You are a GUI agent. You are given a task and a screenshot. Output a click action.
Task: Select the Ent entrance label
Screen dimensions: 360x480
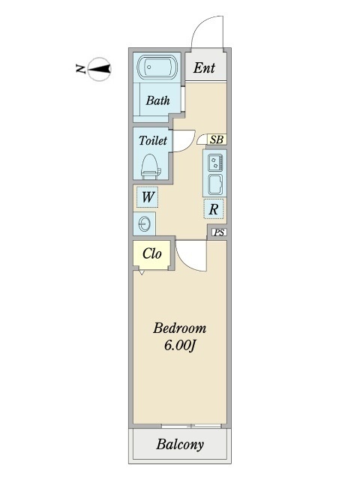pyautogui.click(x=204, y=67)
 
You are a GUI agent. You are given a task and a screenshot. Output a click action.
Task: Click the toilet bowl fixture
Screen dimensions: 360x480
pyautogui.click(x=151, y=166)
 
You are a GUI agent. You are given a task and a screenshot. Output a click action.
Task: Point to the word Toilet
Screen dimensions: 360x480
pyautogui.click(x=153, y=140)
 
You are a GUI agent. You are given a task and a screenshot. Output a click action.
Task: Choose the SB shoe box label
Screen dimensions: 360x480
pyautogui.click(x=217, y=139)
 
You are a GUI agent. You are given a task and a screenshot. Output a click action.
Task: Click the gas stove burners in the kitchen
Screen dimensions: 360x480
pyautogui.click(x=215, y=162)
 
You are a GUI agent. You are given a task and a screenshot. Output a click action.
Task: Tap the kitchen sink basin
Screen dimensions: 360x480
pyautogui.click(x=215, y=184)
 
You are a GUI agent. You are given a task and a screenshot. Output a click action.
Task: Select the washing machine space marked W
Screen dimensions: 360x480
pyautogui.click(x=147, y=196)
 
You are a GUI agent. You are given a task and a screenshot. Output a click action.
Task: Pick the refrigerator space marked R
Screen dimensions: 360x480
pyautogui.click(x=213, y=208)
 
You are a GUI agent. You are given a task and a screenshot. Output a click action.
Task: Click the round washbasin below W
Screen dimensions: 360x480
pyautogui.click(x=144, y=224)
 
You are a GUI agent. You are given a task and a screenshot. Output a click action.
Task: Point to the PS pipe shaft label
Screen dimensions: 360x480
pyautogui.click(x=219, y=232)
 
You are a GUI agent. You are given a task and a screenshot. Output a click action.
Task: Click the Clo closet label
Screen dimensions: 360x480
pyautogui.click(x=151, y=253)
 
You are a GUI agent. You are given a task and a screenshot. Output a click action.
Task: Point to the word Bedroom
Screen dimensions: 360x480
pyautogui.click(x=180, y=328)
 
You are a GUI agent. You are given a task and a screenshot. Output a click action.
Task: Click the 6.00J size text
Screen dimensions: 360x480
pyautogui.click(x=180, y=346)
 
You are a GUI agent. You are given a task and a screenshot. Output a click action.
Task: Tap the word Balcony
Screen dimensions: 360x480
pyautogui.click(x=180, y=444)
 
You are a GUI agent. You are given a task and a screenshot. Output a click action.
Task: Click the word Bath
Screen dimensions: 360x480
pyautogui.click(x=157, y=100)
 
